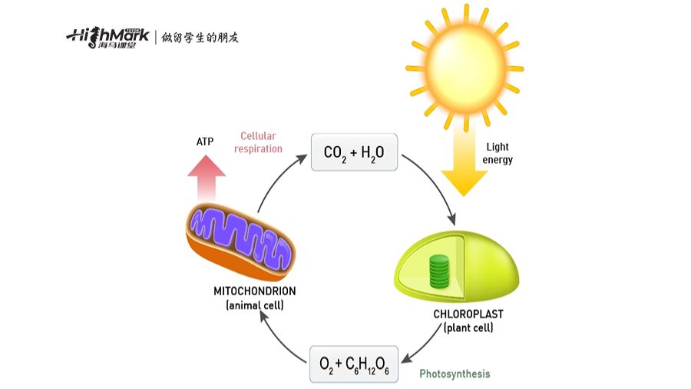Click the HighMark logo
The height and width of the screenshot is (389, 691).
(x=107, y=37)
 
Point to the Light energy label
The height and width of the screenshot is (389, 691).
(x=498, y=154)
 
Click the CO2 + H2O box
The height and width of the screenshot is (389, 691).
(x=353, y=153)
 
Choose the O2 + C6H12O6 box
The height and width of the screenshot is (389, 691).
(x=354, y=364)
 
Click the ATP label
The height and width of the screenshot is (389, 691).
(x=206, y=143)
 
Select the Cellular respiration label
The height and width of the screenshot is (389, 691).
(x=259, y=142)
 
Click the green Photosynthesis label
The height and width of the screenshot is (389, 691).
(x=455, y=374)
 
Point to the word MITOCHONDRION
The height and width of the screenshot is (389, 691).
(x=255, y=292)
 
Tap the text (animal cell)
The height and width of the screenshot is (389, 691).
(x=255, y=306)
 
